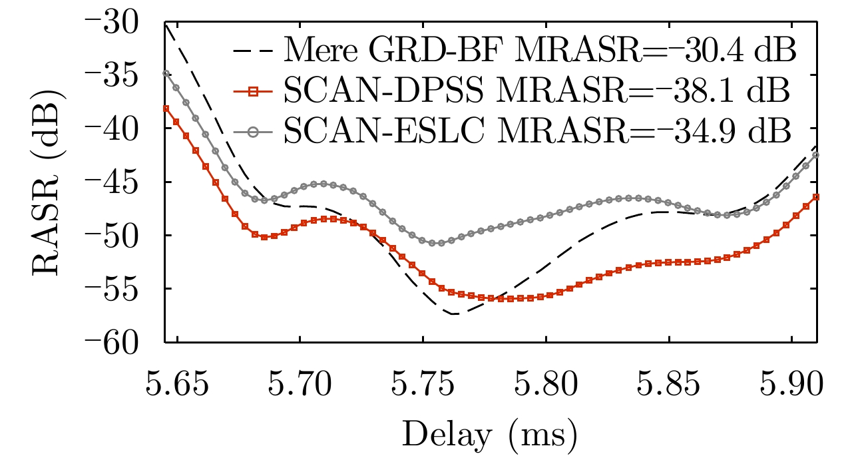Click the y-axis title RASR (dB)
[x=48, y=182]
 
